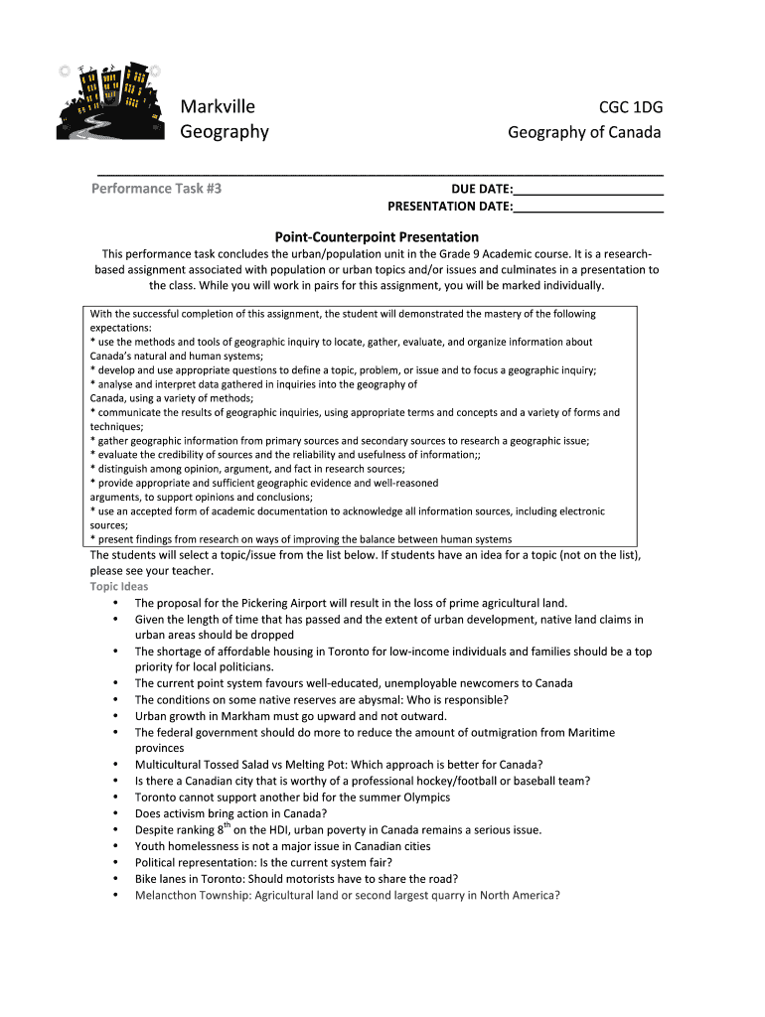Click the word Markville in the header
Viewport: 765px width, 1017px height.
(x=218, y=107)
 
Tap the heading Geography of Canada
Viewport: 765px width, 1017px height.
(x=584, y=132)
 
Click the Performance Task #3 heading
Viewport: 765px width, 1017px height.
(x=156, y=188)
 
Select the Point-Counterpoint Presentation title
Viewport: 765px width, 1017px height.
(x=377, y=237)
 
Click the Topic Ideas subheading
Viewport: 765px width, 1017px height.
(x=119, y=587)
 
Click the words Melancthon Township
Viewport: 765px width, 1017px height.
(x=192, y=895)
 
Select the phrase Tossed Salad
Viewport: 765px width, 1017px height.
(x=238, y=765)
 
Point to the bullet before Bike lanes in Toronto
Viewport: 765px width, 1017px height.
(x=117, y=879)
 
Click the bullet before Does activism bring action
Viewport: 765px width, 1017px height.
(x=117, y=813)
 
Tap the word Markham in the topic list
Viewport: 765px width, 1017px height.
(x=241, y=716)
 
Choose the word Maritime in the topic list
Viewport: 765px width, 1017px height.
(x=591, y=733)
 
